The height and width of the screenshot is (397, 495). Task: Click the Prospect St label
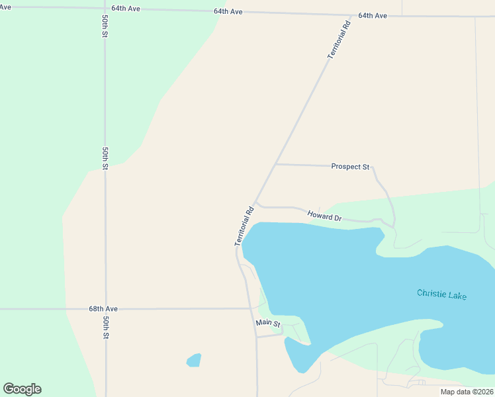[350, 167]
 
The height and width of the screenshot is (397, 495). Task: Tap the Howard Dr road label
[324, 216]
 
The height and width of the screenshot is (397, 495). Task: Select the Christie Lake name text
[441, 294]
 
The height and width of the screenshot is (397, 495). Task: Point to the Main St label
[268, 324]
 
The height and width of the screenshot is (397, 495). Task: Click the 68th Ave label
[103, 309]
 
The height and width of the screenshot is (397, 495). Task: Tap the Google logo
[22, 389]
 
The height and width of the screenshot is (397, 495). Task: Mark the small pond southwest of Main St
[194, 360]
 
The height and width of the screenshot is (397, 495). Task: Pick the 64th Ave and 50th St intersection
[105, 9]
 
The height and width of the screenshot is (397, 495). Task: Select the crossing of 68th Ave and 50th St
[105, 309]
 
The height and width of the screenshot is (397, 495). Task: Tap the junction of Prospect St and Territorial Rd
[275, 163]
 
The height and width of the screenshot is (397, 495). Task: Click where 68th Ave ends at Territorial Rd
[249, 308]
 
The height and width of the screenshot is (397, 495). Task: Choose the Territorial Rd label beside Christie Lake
[244, 227]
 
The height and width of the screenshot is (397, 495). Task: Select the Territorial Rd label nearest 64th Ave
[338, 40]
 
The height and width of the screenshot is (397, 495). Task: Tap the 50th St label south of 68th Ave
[105, 327]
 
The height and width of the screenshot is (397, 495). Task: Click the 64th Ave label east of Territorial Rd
[373, 15]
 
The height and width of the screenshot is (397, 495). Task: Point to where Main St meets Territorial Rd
[257, 337]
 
